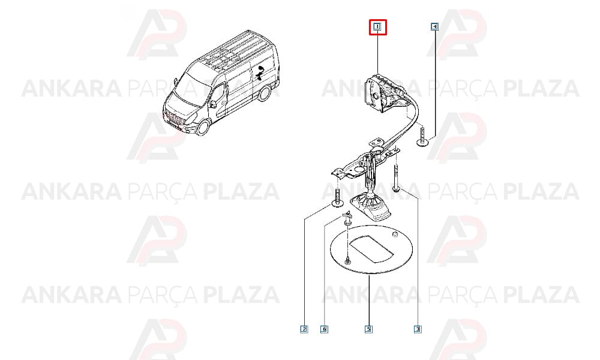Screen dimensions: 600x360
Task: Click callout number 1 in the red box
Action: click(377, 27)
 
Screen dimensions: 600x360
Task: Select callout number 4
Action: click(434, 27)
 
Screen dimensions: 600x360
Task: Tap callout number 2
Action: click(304, 329)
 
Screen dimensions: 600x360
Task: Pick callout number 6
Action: click(324, 329)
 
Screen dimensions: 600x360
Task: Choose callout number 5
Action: click(368, 329)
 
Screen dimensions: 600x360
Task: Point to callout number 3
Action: click(418, 329)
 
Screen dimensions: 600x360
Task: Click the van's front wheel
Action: click(203, 127)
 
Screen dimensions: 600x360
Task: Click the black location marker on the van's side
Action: click(260, 73)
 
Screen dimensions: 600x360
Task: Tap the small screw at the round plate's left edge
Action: click(347, 260)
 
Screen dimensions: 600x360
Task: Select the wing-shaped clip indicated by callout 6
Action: click(347, 217)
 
